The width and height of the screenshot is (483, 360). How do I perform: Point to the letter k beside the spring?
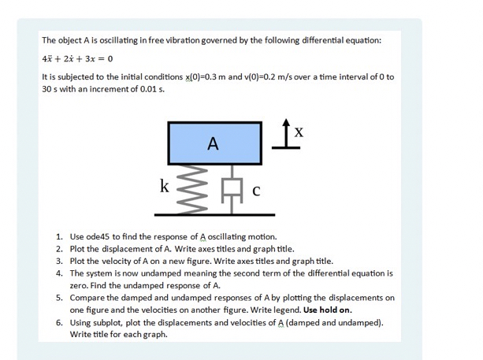point(164,186)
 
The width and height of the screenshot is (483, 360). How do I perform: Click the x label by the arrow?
point(297,133)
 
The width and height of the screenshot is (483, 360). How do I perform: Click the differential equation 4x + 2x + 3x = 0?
point(78,58)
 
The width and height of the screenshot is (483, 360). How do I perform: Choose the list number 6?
point(60,322)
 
